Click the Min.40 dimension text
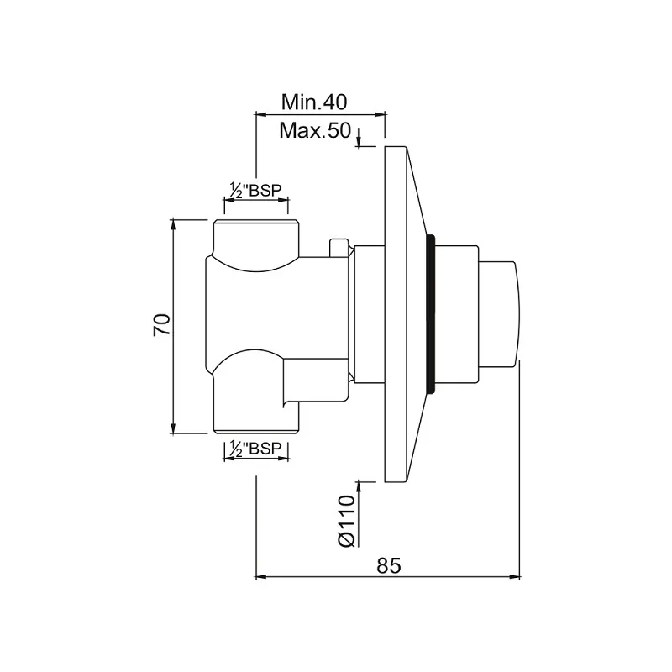[313, 102]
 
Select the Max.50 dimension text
[315, 130]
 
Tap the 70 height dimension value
[162, 324]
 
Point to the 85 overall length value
[389, 565]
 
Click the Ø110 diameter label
[347, 521]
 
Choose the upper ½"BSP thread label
[256, 191]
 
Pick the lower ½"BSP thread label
[256, 449]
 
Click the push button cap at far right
[500, 314]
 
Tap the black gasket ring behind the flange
[431, 313]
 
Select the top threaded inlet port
[256, 238]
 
